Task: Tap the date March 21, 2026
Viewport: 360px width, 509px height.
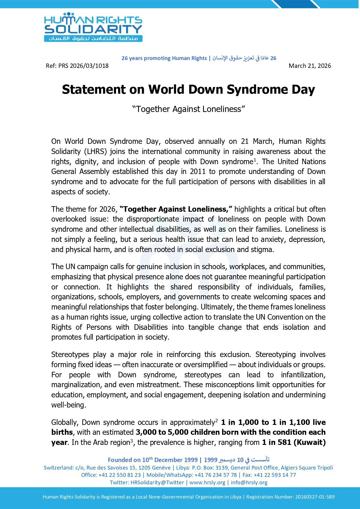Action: [310, 66]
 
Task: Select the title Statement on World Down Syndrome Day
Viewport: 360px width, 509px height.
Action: [188, 90]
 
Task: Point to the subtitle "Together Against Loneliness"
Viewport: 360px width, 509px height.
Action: [189, 109]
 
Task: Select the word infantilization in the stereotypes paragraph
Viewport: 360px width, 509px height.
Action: [303, 375]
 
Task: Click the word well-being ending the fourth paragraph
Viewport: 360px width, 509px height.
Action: [68, 405]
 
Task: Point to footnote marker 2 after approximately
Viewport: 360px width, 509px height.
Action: [216, 420]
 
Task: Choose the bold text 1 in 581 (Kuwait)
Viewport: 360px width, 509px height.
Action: [294, 442]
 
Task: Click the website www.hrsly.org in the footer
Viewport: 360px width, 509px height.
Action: [207, 482]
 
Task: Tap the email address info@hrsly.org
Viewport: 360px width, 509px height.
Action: [249, 482]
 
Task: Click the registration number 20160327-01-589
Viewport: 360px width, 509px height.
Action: [315, 497]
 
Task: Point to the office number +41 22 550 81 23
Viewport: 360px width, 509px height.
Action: [120, 475]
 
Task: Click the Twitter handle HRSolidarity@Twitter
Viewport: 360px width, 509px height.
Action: [157, 482]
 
